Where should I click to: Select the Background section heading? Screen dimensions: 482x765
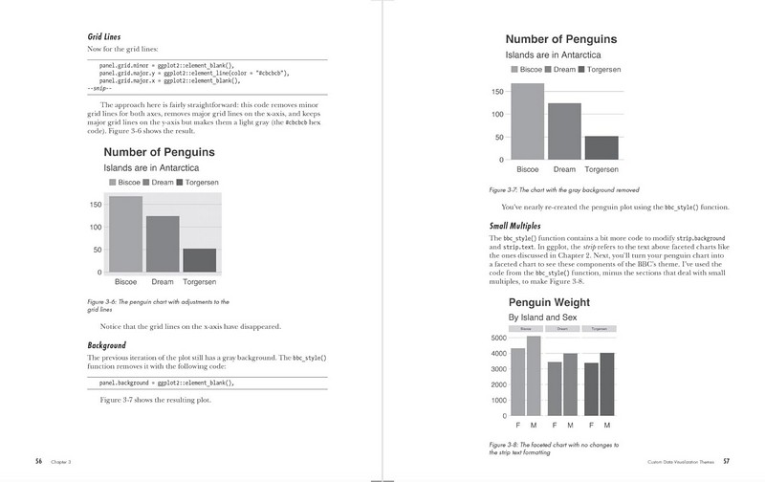[x=107, y=344]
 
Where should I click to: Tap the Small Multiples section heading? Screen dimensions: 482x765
[x=522, y=226]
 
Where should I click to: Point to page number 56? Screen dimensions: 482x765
[x=39, y=461]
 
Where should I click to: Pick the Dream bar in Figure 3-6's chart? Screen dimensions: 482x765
[x=163, y=244]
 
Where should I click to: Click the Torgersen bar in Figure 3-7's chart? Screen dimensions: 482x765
[x=601, y=147]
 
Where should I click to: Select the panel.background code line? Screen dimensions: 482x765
[x=167, y=383]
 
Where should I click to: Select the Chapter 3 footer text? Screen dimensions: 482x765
[x=63, y=462]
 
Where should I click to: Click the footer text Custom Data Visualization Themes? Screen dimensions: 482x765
[x=680, y=462]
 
